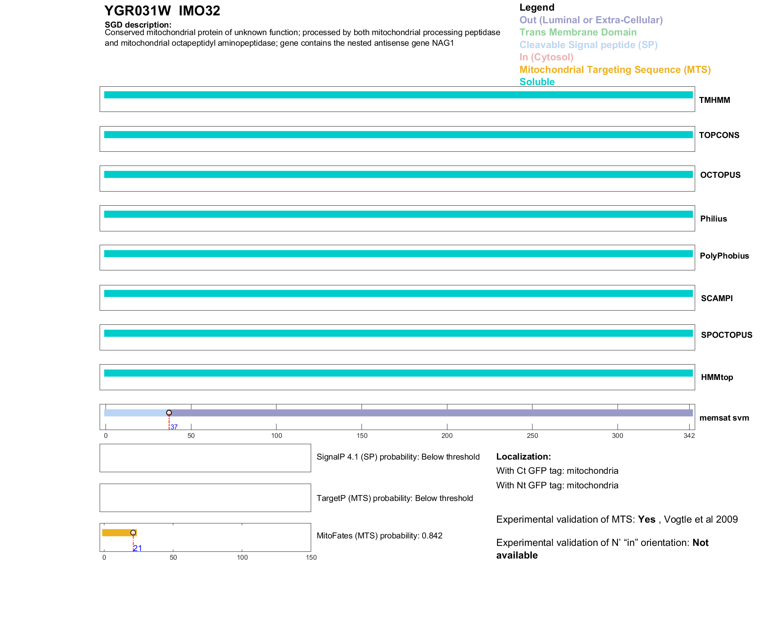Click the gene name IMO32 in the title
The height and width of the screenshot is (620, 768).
click(199, 11)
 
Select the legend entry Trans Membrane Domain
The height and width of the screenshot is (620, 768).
click(578, 32)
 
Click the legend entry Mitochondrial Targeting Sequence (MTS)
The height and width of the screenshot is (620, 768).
click(615, 70)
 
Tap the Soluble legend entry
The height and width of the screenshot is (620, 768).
click(537, 82)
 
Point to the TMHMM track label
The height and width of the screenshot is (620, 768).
click(714, 100)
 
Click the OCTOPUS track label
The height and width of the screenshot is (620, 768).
click(720, 175)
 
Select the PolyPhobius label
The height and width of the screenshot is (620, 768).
click(724, 256)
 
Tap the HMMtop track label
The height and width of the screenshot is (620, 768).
click(717, 377)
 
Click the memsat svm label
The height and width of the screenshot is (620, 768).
click(724, 418)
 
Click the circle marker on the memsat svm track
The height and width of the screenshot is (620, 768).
click(169, 413)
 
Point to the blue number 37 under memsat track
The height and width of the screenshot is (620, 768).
click(174, 427)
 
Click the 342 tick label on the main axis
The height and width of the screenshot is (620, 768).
click(689, 436)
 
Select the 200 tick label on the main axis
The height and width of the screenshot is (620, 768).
click(447, 436)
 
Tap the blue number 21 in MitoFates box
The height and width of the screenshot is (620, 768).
click(137, 548)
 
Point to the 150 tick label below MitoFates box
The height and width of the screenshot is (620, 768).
click(311, 557)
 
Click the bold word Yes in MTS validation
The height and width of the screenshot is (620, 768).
click(646, 519)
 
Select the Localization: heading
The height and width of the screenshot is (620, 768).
click(523, 456)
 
